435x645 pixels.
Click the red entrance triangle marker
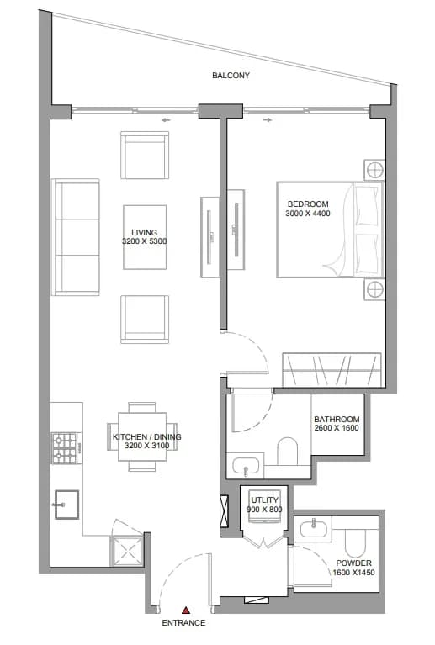point(186,610)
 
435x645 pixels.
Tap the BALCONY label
point(231,76)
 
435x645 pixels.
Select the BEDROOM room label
point(308,204)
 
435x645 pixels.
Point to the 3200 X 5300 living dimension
point(145,241)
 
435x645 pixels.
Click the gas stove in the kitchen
point(65,448)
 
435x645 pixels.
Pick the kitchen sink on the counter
point(66,505)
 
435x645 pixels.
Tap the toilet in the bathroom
point(287,452)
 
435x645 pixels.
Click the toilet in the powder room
point(355,542)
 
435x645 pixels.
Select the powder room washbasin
point(314,529)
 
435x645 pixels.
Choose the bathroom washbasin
point(246,466)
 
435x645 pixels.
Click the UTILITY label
point(265,500)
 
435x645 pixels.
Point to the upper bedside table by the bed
point(374,170)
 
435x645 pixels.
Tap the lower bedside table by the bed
point(374,289)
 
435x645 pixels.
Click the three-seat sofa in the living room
point(76,237)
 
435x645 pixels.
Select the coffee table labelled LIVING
point(145,237)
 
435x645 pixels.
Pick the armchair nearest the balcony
point(145,155)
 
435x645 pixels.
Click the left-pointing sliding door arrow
point(166,120)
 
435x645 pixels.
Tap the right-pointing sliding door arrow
point(268,120)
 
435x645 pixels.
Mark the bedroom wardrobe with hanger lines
point(332,369)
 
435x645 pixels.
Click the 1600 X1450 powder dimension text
point(354,573)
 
